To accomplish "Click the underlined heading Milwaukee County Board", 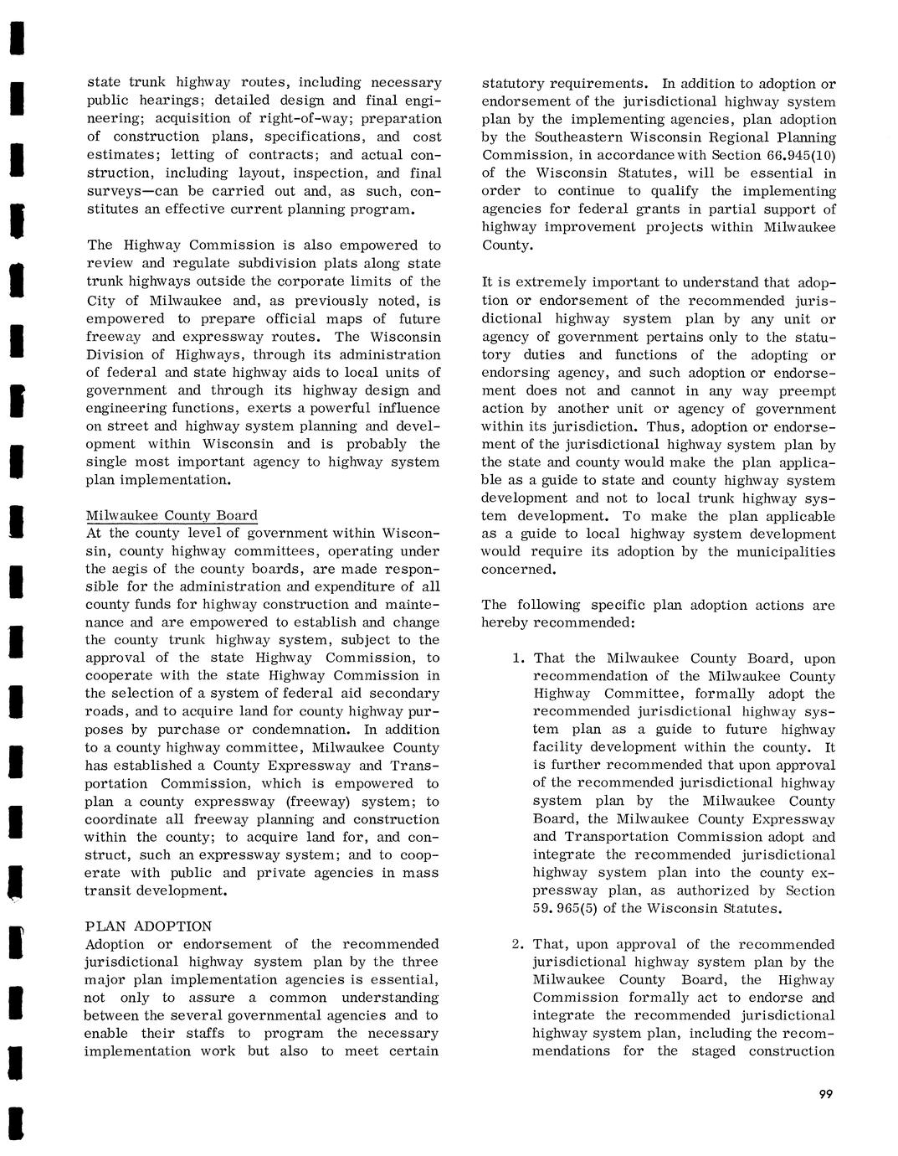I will pos(172,515).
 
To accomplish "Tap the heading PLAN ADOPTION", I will pos(149,926).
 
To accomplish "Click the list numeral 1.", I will pos(519,658).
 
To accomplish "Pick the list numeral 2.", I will pos(519,944).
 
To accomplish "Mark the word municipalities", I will pos(786,551).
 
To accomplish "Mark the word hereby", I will pos(505,622).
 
